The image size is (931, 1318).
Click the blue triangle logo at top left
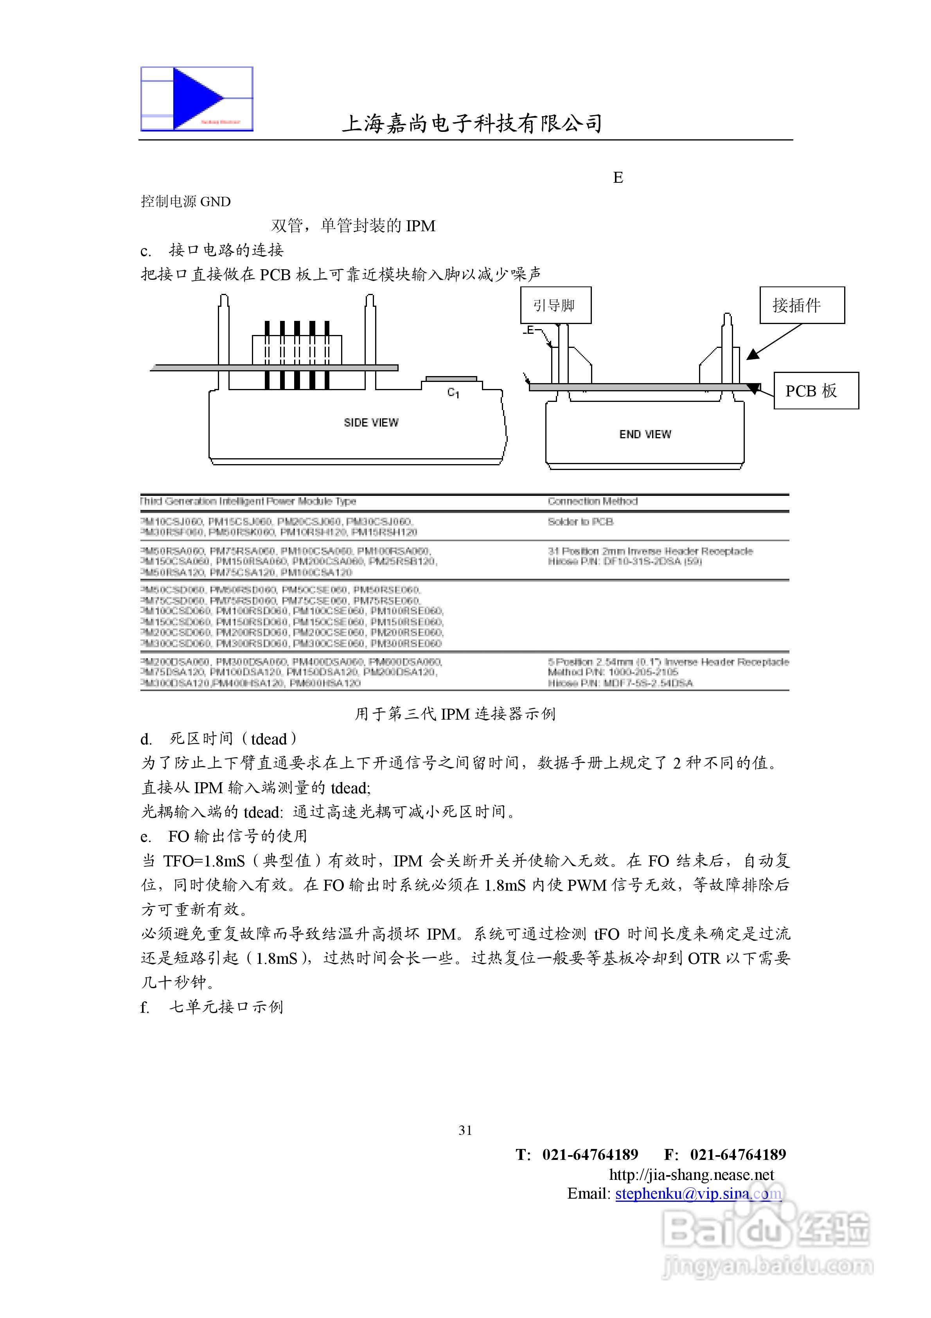(x=197, y=98)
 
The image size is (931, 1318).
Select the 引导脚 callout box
(x=555, y=305)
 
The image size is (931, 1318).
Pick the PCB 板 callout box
(x=816, y=391)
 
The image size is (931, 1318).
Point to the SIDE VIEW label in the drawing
(x=371, y=423)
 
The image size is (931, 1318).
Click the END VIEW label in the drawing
(x=645, y=434)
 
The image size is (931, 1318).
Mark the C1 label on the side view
(x=453, y=393)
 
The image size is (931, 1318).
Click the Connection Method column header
(x=592, y=501)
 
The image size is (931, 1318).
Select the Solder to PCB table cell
(x=580, y=522)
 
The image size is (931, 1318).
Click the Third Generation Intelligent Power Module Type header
(x=248, y=501)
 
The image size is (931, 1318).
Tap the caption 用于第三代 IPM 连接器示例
(x=455, y=713)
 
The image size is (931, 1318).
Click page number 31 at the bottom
(x=465, y=1130)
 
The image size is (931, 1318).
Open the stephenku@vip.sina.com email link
(x=698, y=1194)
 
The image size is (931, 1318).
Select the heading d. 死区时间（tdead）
(x=219, y=739)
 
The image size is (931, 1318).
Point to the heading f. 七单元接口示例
(x=212, y=1007)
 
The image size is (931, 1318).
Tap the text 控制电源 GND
(x=186, y=202)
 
